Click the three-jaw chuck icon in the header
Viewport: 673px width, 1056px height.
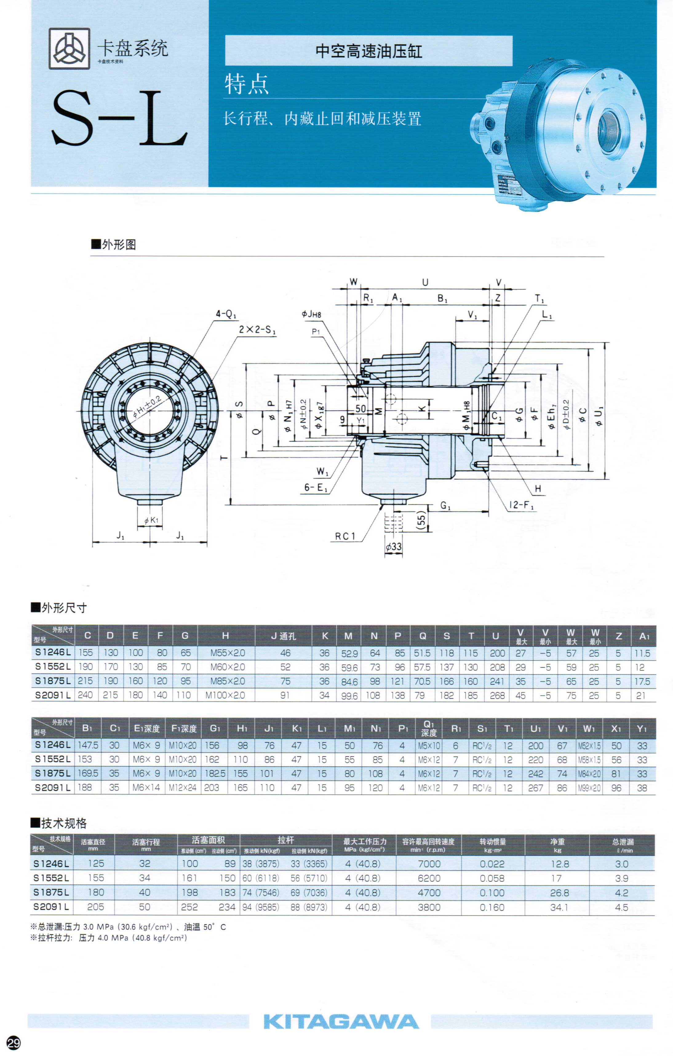pos(70,49)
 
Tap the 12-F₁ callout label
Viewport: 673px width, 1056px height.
pos(522,505)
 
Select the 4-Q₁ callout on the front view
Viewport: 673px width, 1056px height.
pos(226,314)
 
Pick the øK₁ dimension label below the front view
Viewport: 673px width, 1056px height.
pos(151,520)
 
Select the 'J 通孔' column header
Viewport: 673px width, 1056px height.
pos(284,636)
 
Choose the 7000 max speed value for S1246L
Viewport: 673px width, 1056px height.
pos(429,863)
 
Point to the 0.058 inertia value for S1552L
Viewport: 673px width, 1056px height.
pos(492,878)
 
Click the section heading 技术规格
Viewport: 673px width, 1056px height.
pos(64,823)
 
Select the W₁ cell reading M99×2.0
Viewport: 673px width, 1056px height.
pos(589,788)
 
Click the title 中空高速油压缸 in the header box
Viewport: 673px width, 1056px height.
pos(369,51)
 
